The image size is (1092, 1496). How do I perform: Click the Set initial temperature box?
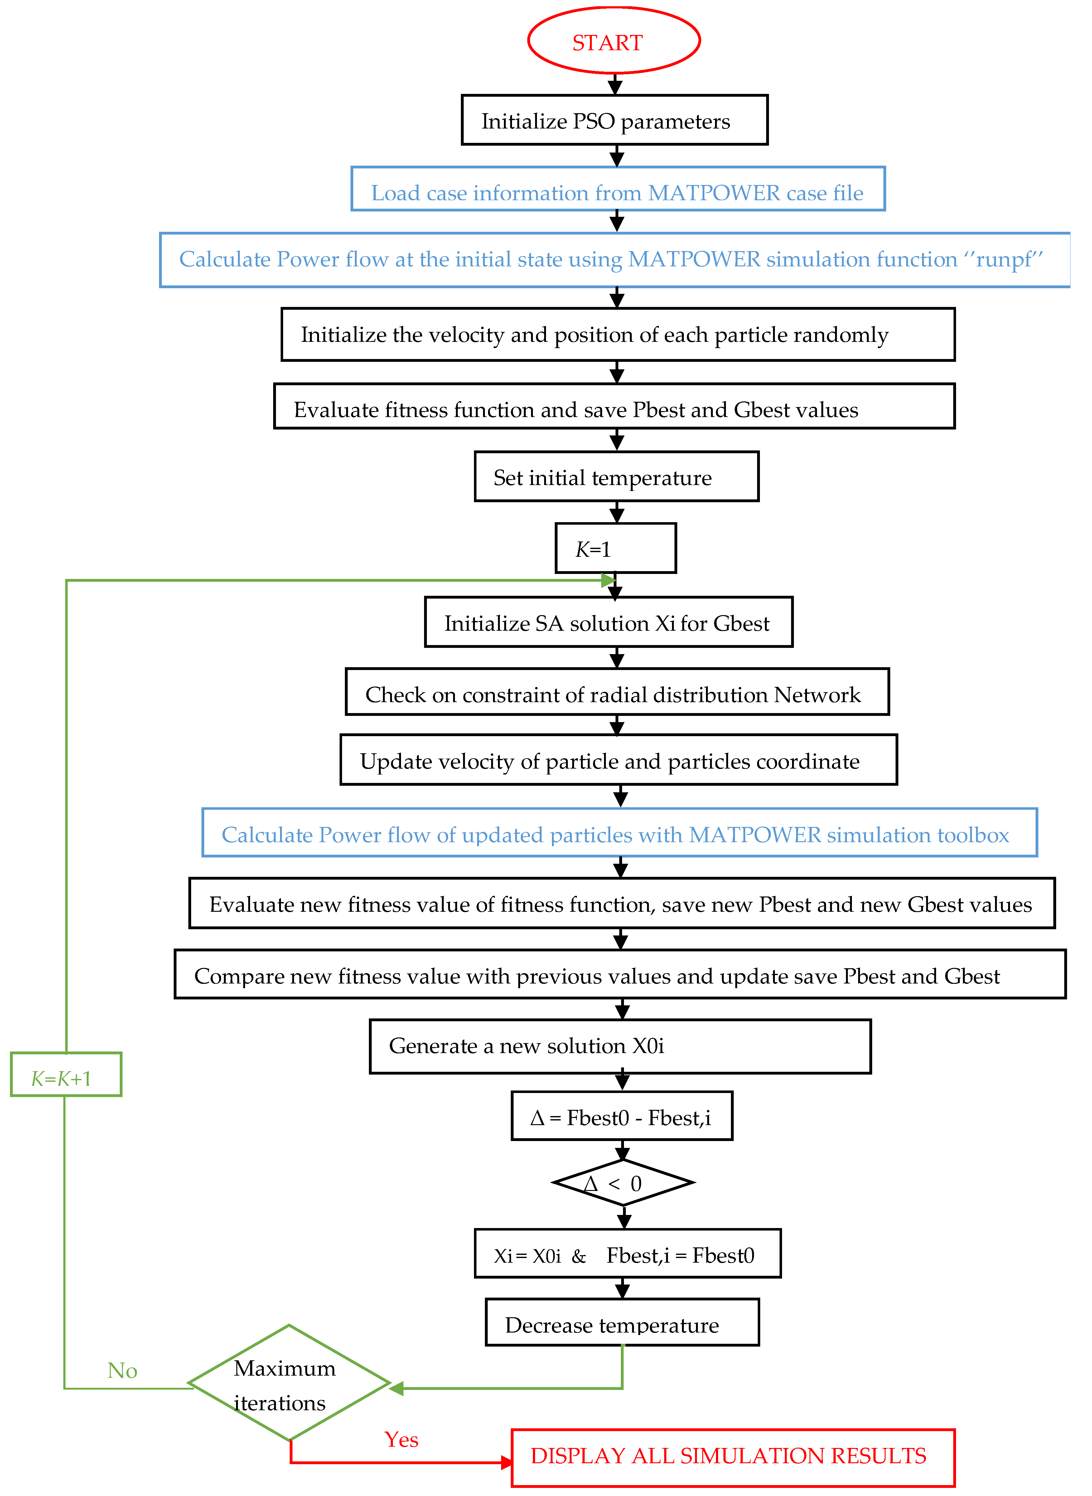(x=616, y=477)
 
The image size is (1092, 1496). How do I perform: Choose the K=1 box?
(x=616, y=548)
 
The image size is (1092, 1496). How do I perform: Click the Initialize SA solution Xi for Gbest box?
(x=608, y=622)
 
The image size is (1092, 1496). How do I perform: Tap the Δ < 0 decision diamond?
(x=623, y=1183)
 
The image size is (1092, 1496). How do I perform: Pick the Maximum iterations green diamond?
(x=289, y=1383)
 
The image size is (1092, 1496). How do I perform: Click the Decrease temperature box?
(x=622, y=1324)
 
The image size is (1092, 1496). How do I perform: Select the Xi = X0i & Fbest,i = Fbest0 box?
(x=627, y=1254)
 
